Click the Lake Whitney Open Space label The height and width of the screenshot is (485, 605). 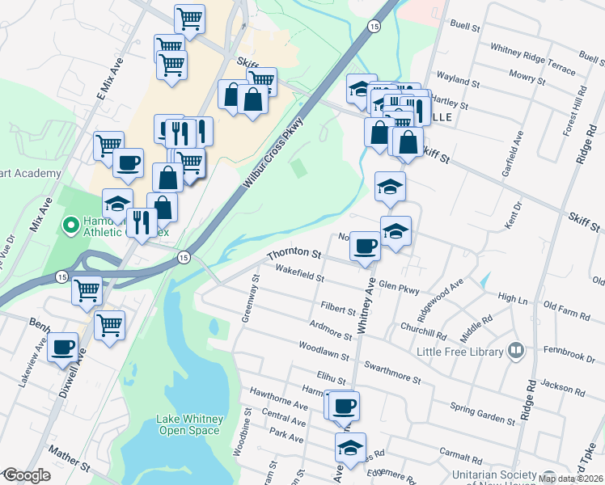[188, 424]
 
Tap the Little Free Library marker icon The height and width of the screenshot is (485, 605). [516, 351]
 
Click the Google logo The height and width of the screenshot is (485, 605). [27, 475]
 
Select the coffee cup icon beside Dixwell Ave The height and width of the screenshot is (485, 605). [63, 348]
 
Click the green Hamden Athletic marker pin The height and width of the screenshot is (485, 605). [70, 224]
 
